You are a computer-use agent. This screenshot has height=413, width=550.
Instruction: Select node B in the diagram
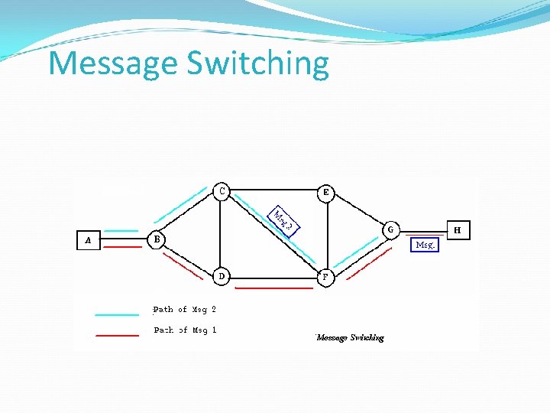click(156, 239)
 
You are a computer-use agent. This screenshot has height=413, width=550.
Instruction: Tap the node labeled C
click(221, 191)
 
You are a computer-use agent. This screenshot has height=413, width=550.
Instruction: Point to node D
click(221, 276)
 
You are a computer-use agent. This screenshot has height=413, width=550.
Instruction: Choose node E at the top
click(326, 192)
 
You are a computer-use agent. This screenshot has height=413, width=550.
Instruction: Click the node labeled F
click(325, 277)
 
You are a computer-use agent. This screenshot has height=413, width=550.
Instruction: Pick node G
click(390, 229)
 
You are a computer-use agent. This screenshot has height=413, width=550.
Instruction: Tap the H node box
click(458, 229)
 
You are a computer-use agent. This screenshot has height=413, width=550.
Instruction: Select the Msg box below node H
click(425, 245)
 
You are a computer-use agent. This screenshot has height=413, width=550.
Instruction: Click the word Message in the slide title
click(111, 63)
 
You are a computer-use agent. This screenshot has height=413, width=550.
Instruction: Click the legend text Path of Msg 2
click(185, 310)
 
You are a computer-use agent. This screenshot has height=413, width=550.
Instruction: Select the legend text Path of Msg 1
click(185, 330)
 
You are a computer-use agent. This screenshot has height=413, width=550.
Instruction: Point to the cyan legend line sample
click(116, 314)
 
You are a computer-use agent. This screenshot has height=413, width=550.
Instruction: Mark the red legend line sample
click(116, 335)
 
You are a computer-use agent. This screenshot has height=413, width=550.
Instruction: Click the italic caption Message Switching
click(350, 337)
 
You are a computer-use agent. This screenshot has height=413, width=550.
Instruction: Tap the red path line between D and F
click(273, 288)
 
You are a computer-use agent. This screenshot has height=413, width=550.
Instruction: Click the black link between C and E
click(273, 189)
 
